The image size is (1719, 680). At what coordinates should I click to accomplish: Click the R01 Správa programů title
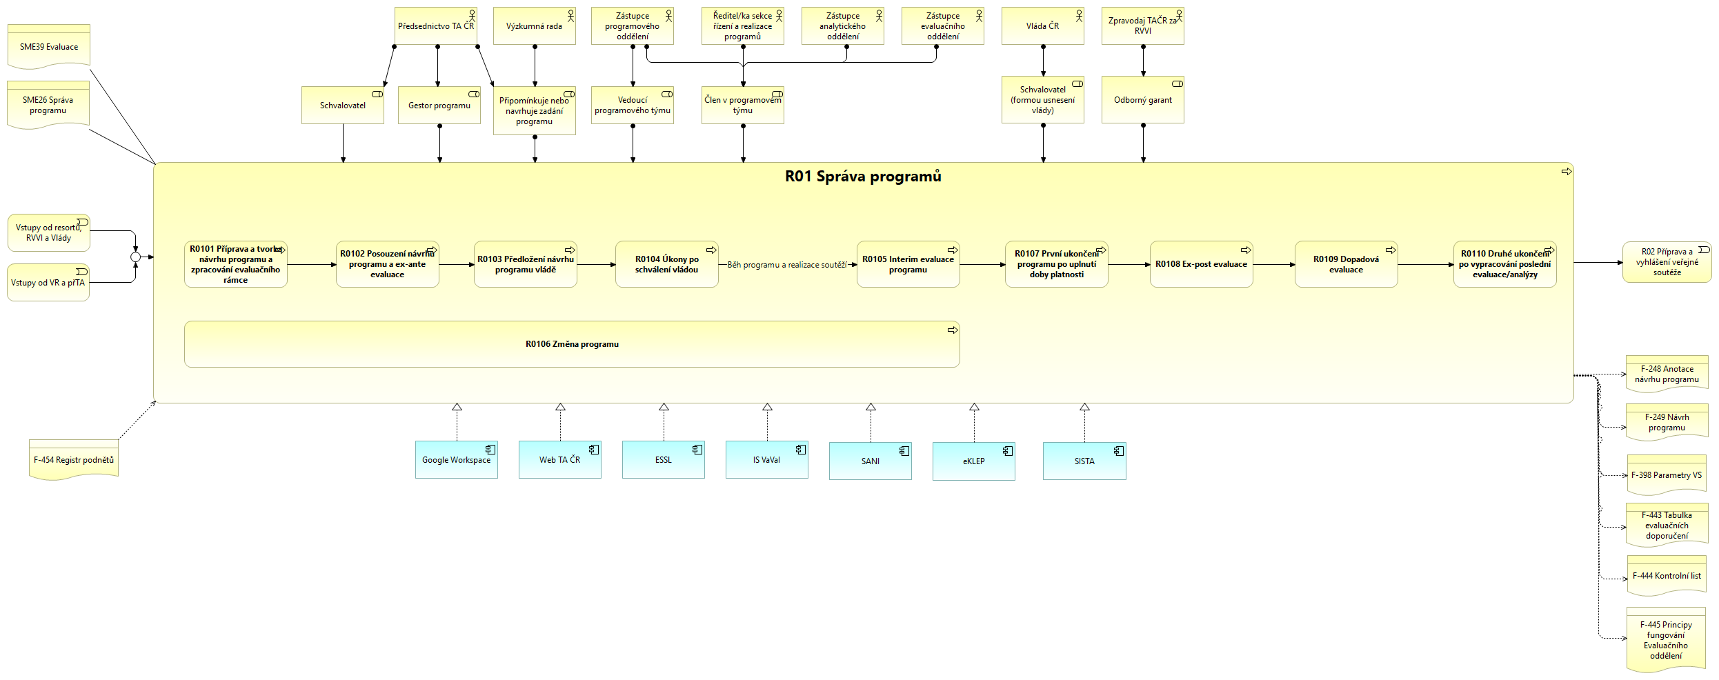(x=863, y=177)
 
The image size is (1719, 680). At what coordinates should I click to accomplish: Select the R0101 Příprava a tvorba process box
(x=236, y=264)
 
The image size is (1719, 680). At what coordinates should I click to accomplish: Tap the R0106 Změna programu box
(x=572, y=344)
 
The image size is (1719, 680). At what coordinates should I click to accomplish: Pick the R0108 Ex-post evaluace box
(x=1202, y=264)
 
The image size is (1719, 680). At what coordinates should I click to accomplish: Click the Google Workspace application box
(x=457, y=460)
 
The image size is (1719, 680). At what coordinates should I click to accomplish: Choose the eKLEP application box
(x=974, y=461)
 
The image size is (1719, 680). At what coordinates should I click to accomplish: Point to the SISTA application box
(x=1084, y=461)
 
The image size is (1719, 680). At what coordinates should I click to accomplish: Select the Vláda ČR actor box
(x=1043, y=26)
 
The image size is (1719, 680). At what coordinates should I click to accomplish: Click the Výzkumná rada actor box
(x=535, y=26)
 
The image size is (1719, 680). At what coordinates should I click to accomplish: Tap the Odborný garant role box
(x=1143, y=100)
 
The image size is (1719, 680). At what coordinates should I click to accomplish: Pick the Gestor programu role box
(x=439, y=106)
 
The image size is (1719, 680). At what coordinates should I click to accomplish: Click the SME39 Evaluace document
(x=49, y=47)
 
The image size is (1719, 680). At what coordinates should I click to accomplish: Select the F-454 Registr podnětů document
(x=74, y=460)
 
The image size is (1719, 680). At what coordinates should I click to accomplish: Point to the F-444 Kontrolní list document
(x=1667, y=576)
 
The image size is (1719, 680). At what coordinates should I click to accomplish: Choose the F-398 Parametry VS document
(x=1667, y=475)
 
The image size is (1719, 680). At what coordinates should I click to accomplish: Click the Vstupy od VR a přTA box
(x=48, y=283)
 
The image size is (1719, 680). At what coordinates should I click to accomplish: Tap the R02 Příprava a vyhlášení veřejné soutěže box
(x=1667, y=262)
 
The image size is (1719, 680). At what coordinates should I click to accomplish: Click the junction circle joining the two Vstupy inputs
(x=136, y=257)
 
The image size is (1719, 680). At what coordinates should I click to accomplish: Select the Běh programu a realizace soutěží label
(x=787, y=265)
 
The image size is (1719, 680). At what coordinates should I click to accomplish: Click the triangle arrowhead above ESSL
(x=664, y=407)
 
